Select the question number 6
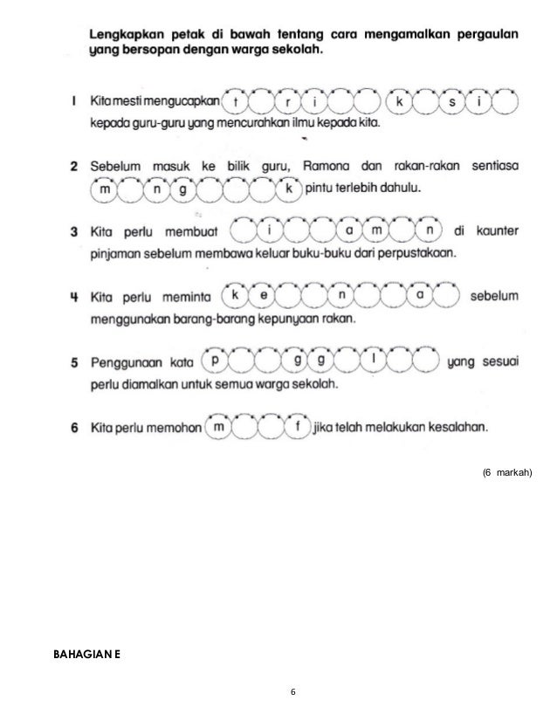point(74,428)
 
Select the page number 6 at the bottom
point(294,692)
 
